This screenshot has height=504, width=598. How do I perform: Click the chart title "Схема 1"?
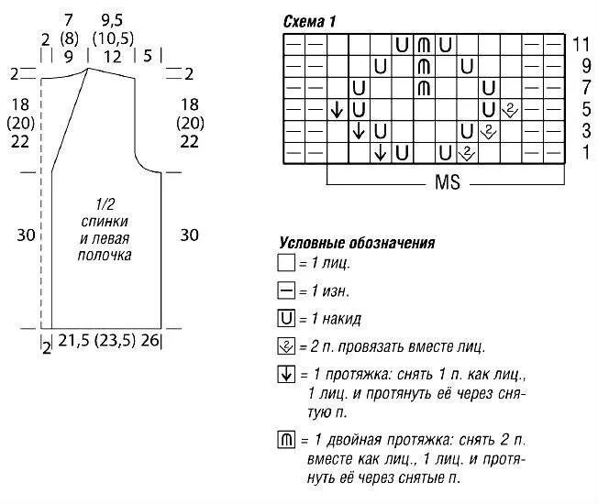(308, 20)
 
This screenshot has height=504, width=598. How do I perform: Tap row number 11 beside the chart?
(580, 44)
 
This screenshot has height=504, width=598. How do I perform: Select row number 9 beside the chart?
(580, 66)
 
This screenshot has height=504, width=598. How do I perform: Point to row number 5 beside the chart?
(580, 109)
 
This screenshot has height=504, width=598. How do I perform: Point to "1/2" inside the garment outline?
(105, 205)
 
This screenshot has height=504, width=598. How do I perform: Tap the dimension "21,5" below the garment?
(75, 341)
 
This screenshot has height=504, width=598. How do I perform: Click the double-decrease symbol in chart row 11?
(423, 44)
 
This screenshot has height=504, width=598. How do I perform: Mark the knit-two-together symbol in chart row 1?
(467, 152)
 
